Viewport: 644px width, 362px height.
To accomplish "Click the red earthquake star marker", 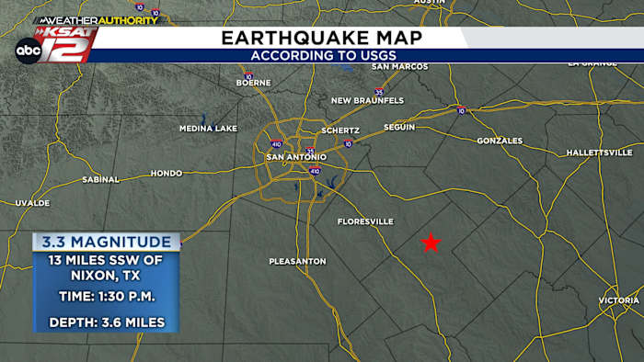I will pos(430,243).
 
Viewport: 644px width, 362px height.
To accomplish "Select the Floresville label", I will pos(365,221).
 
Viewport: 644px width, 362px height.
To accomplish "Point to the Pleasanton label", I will pos(297,262).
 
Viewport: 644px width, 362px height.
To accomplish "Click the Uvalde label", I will pos(31,202).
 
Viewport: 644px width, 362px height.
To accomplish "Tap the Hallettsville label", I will pos(599,152).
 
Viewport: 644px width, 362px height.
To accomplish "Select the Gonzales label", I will pos(500,141).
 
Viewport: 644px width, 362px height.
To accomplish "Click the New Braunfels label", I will pos(367,100).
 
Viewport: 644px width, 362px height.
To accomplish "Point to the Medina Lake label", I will pos(208,129).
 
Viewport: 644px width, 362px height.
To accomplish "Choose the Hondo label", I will pos(167,173).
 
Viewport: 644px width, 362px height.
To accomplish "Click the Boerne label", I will pos(253,83).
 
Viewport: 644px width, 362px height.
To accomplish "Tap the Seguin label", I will pos(399,127).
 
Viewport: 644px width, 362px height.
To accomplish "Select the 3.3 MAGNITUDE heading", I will pos(106,242).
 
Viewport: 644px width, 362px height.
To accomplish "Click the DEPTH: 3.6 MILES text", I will pos(107,322).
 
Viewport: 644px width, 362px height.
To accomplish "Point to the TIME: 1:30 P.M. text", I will pos(107,297).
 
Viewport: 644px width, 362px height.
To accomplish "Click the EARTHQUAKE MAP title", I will pos(322,38).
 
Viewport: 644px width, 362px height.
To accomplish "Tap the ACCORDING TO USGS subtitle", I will pos(322,56).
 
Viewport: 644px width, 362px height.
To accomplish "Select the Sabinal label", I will pos(100,179).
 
